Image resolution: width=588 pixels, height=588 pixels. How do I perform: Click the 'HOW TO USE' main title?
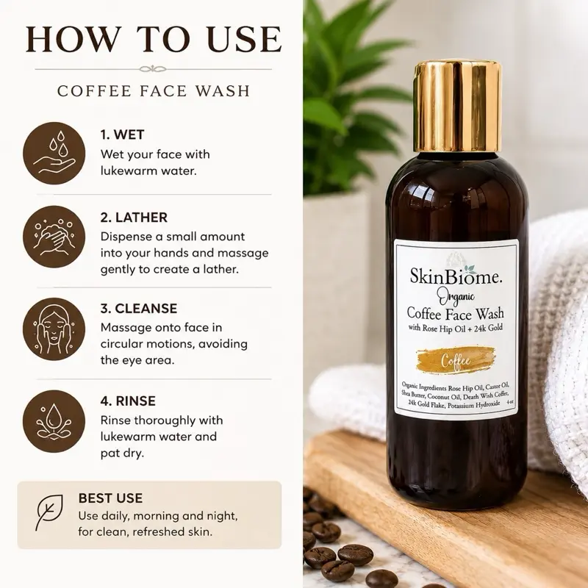click(154, 39)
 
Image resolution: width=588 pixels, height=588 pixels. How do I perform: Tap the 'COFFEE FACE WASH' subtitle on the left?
click(154, 91)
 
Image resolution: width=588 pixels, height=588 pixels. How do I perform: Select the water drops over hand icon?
click(54, 154)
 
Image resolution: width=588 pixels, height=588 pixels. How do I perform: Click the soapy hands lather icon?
click(54, 237)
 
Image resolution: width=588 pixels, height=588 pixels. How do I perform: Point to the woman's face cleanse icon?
click(54, 329)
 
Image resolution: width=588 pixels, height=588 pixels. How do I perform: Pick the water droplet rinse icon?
click(54, 421)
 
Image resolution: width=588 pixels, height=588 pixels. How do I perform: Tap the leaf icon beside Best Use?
click(49, 512)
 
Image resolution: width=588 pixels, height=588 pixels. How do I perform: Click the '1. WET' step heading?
click(122, 135)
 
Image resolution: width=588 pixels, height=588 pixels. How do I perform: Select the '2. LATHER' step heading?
click(134, 218)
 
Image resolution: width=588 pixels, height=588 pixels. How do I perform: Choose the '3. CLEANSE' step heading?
click(139, 309)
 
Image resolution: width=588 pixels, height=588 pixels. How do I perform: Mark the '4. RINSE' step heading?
click(128, 401)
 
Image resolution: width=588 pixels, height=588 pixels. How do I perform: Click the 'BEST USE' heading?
click(110, 498)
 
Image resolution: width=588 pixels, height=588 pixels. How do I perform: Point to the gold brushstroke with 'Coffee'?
click(456, 360)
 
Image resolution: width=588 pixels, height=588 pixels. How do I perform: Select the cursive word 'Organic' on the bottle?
click(456, 298)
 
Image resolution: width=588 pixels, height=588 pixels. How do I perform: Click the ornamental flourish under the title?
click(153, 69)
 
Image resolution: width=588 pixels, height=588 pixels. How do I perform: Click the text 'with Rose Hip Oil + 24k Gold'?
click(456, 328)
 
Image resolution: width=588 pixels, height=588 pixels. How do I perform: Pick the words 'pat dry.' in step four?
click(122, 453)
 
